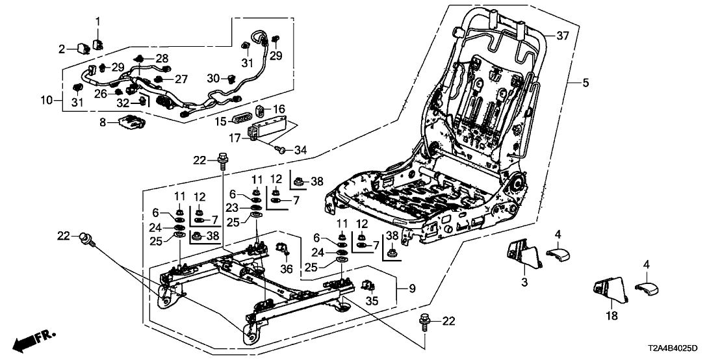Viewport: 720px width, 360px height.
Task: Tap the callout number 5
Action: (585, 83)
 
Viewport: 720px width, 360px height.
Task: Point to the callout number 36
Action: (287, 269)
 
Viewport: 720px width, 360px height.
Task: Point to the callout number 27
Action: (181, 79)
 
